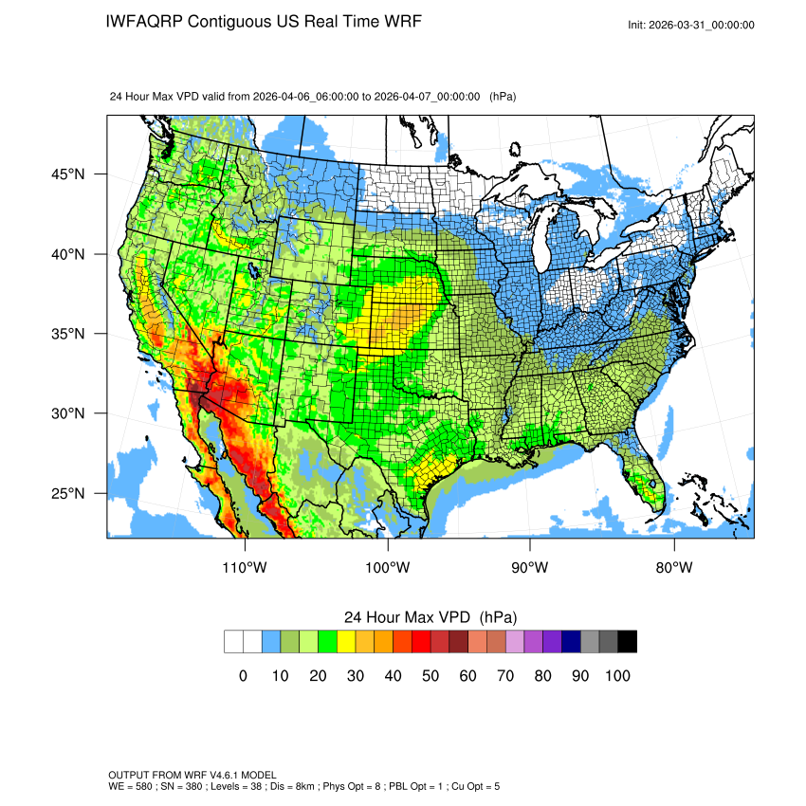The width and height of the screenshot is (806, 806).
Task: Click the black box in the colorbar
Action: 627,642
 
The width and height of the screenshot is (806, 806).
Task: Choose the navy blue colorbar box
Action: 571,642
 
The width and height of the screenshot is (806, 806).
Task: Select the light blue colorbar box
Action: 271,642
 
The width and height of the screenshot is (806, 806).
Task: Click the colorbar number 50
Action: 430,676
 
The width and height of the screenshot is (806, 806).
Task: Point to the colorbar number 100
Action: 617,676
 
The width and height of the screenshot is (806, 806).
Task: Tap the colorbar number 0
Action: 243,676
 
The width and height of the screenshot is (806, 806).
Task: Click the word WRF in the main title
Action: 401,21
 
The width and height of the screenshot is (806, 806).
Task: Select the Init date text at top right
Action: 691,25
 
